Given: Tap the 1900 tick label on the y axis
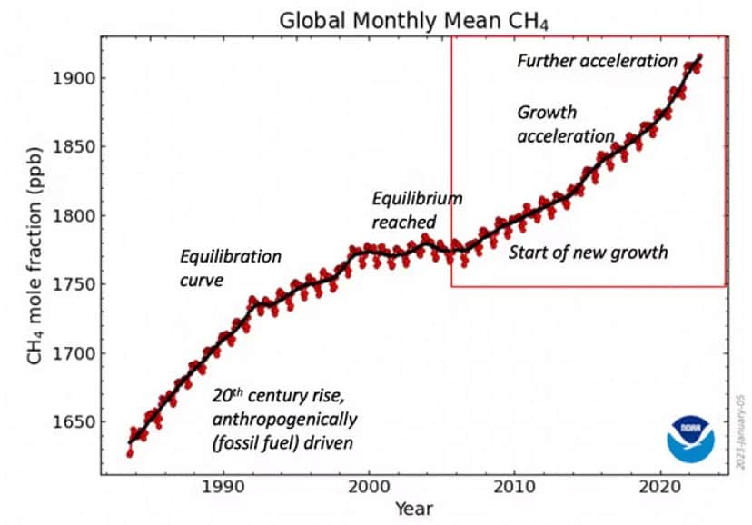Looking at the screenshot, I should pyautogui.click(x=75, y=78).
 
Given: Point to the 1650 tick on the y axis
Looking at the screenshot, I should pyautogui.click(x=75, y=422).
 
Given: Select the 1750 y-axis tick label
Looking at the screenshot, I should pyautogui.click(x=75, y=285).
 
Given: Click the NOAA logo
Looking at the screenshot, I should pyautogui.click(x=689, y=439).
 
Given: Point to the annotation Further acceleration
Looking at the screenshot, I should pyautogui.click(x=597, y=62).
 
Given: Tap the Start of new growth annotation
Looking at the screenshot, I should pyautogui.click(x=587, y=253).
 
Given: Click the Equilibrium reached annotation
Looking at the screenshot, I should pyautogui.click(x=417, y=210).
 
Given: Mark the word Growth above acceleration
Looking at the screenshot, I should pyautogui.click(x=547, y=113).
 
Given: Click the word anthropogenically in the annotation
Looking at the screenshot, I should pyautogui.click(x=284, y=420).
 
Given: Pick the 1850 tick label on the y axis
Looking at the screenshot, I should pyautogui.click(x=75, y=147).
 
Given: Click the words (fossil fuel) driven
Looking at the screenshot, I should pyautogui.click(x=282, y=443).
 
